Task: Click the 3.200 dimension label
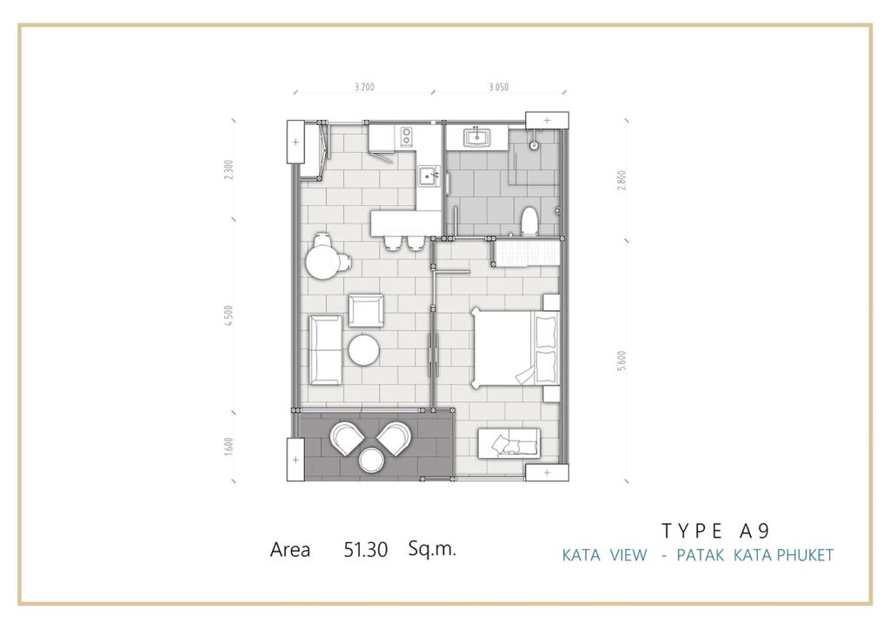tap(364, 87)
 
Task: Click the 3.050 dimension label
tap(498, 87)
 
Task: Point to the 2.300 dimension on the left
tap(229, 169)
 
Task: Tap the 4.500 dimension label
tap(229, 315)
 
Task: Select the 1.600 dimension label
tap(229, 446)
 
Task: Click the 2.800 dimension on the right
tap(621, 180)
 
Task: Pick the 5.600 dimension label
tap(621, 361)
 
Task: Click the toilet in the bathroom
tap(529, 222)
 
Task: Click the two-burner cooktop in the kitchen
tap(407, 136)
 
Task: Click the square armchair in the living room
tap(366, 310)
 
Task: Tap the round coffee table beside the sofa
tap(364, 350)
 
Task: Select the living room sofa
tap(326, 350)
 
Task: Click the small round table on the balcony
tap(371, 460)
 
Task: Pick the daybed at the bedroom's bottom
tap(509, 444)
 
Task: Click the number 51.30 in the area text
tap(366, 550)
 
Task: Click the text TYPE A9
tap(716, 531)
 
